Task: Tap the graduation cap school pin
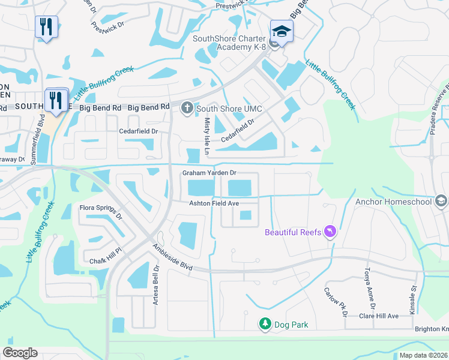click(x=282, y=30)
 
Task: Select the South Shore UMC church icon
click(x=187, y=109)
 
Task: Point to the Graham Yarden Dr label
click(x=210, y=173)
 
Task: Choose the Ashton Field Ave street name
click(x=214, y=203)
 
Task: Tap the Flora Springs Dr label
click(x=101, y=212)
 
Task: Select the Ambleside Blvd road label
click(x=172, y=256)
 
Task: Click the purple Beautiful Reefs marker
click(x=330, y=231)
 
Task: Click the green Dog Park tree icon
click(x=265, y=325)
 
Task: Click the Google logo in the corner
click(x=20, y=352)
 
